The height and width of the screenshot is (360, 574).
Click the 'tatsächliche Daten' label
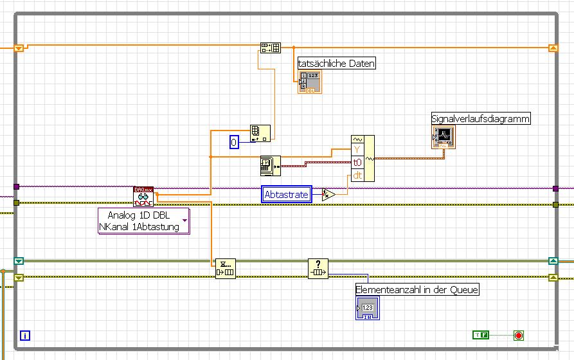tap(336, 63)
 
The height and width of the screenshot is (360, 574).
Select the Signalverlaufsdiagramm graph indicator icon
tap(444, 136)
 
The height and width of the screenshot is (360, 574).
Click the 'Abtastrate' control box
tap(287, 195)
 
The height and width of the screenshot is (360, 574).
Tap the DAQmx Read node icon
tap(143, 196)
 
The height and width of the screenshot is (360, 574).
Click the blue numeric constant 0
tap(234, 141)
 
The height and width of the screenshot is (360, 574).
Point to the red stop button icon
tap(519, 335)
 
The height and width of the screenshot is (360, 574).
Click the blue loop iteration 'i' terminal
tap(25, 335)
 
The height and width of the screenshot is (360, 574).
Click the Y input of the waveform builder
tap(357, 151)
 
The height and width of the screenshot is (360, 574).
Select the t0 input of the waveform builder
tap(357, 163)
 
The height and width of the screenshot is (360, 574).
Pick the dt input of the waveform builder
tap(357, 174)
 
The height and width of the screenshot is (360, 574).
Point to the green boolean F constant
tap(481, 335)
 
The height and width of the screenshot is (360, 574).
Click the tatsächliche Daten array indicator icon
tap(309, 82)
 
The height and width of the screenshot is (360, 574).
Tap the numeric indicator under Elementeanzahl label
tap(368, 309)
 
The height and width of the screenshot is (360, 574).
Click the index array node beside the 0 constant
tap(260, 132)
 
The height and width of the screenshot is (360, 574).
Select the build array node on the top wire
tap(270, 48)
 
